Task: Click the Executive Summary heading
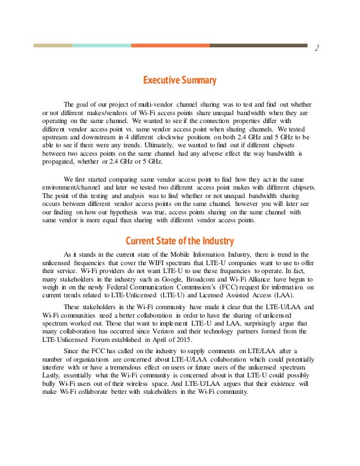[x=179, y=81]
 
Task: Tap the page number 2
[x=317, y=48]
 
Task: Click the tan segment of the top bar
[x=52, y=45]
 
